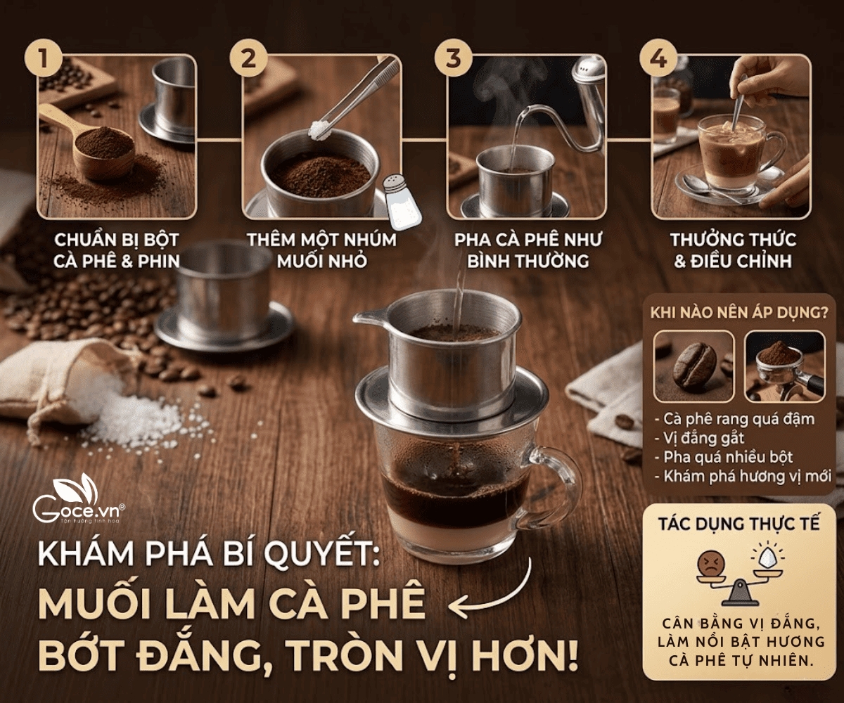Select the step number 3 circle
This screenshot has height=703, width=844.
pos(453,58)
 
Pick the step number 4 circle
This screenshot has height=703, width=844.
pos(658,58)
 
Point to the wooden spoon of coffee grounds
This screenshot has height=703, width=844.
pos(98,144)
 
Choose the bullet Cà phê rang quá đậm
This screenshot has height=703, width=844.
pos(738,419)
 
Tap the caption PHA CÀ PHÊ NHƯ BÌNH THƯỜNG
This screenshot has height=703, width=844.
pos(528,250)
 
